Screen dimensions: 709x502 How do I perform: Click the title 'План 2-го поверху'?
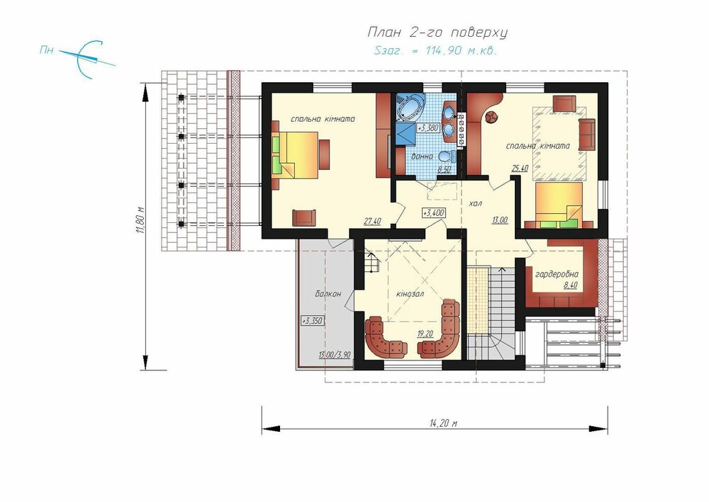(x=437, y=33)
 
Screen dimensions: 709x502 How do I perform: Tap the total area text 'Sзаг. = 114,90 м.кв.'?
(x=436, y=50)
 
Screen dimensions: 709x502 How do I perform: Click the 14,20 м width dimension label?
(x=443, y=423)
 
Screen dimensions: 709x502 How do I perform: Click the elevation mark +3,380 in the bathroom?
(x=428, y=128)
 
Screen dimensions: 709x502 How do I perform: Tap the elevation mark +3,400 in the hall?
(x=433, y=212)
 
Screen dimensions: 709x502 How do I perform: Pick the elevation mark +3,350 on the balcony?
(x=313, y=321)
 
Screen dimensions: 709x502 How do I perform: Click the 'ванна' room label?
(x=422, y=156)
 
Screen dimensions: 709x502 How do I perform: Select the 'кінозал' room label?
(x=410, y=294)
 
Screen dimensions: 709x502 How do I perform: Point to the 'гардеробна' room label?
(x=557, y=274)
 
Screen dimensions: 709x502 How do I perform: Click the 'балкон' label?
(x=328, y=294)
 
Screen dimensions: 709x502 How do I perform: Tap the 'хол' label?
(x=475, y=204)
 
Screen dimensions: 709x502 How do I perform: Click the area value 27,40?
(x=372, y=221)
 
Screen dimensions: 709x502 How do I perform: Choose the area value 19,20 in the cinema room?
(x=425, y=333)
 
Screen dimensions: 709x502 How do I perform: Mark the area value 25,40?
(x=520, y=169)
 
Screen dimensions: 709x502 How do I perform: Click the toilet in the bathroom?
(x=446, y=156)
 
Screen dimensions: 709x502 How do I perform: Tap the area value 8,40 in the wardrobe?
(x=570, y=285)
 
